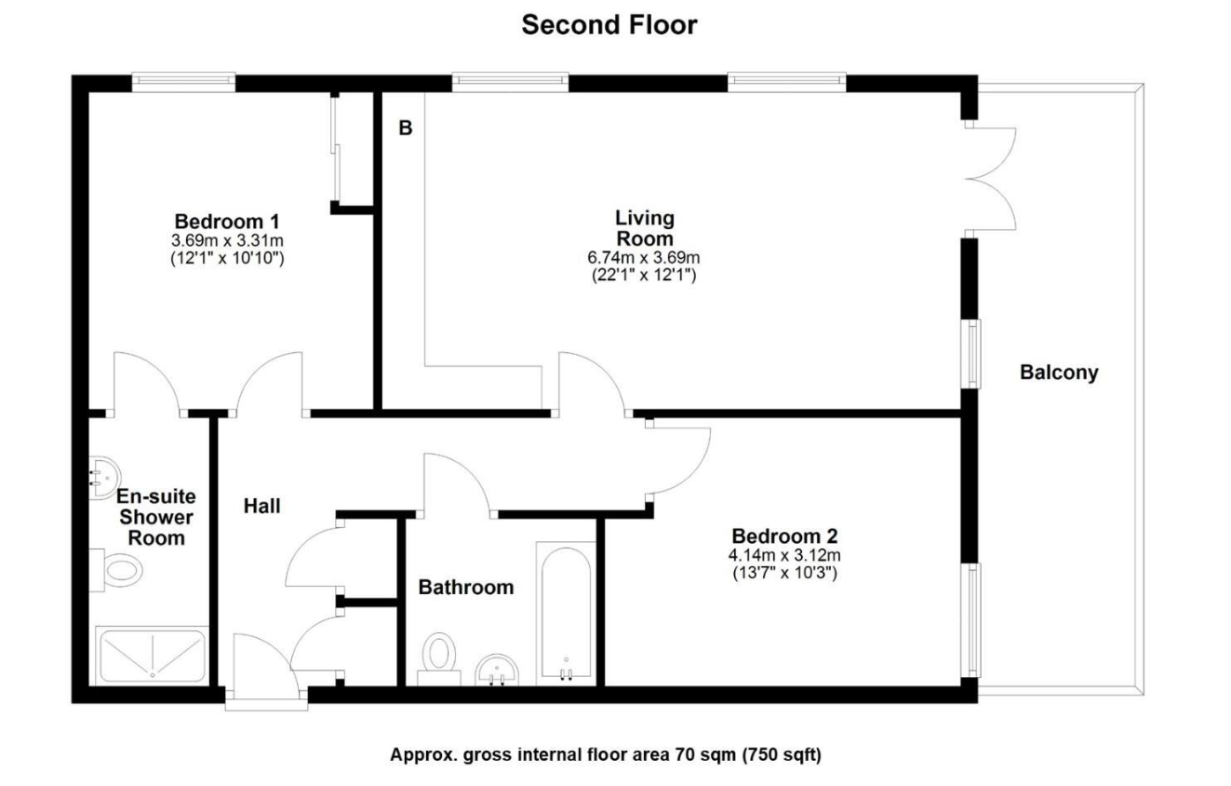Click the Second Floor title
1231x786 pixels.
click(609, 25)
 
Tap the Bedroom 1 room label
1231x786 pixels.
click(227, 222)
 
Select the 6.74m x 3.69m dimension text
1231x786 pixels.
click(645, 258)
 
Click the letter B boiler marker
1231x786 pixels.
click(405, 129)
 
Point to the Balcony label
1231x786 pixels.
click(1059, 373)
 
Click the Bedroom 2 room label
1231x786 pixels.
click(784, 536)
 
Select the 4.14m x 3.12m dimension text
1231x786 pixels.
click(784, 556)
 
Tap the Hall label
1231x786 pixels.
click(262, 507)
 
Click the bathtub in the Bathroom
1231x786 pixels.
click(564, 615)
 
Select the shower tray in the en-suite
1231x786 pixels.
click(152, 656)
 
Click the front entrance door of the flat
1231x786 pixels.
click(264, 671)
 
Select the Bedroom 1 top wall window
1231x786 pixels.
click(182, 83)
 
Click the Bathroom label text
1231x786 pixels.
click(465, 588)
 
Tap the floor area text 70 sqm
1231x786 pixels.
click(605, 755)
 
